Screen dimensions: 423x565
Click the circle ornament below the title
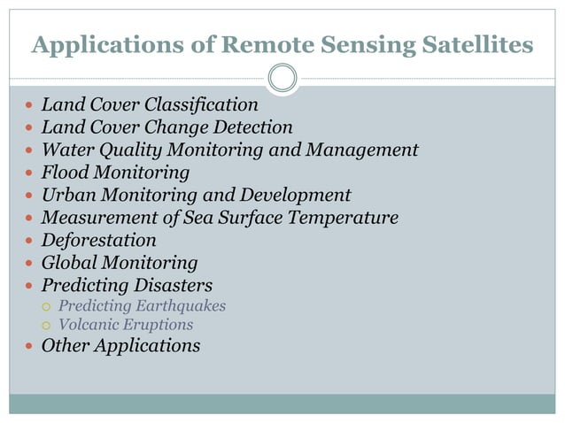point(282,78)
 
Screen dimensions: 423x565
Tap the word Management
point(361,150)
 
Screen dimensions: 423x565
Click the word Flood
point(64,173)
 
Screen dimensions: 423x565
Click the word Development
point(296,195)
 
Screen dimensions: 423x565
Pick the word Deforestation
point(99,240)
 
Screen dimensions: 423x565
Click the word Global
point(68,263)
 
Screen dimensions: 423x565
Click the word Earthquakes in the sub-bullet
point(182,306)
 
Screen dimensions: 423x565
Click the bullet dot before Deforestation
point(29,241)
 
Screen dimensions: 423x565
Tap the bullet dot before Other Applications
point(29,347)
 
